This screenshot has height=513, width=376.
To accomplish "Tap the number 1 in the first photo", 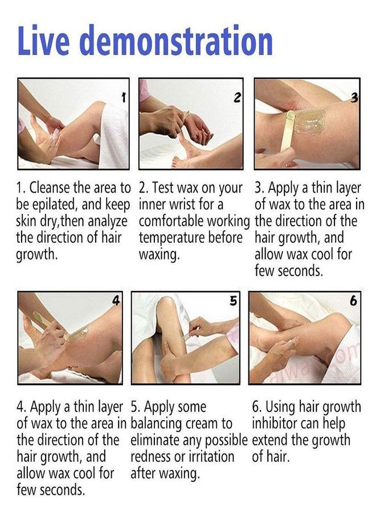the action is pos(123,97).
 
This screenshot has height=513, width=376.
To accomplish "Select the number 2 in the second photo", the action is pos(238,97).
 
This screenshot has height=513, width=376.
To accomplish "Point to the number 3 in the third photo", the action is pos(354,98).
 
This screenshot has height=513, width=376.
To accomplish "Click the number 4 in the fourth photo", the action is pos(116,300).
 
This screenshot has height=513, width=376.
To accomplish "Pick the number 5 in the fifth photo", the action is pos(233,300).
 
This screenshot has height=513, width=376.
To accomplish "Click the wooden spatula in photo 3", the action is pos(287,132).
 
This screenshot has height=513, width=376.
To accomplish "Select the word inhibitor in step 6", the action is pos(275,424).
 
